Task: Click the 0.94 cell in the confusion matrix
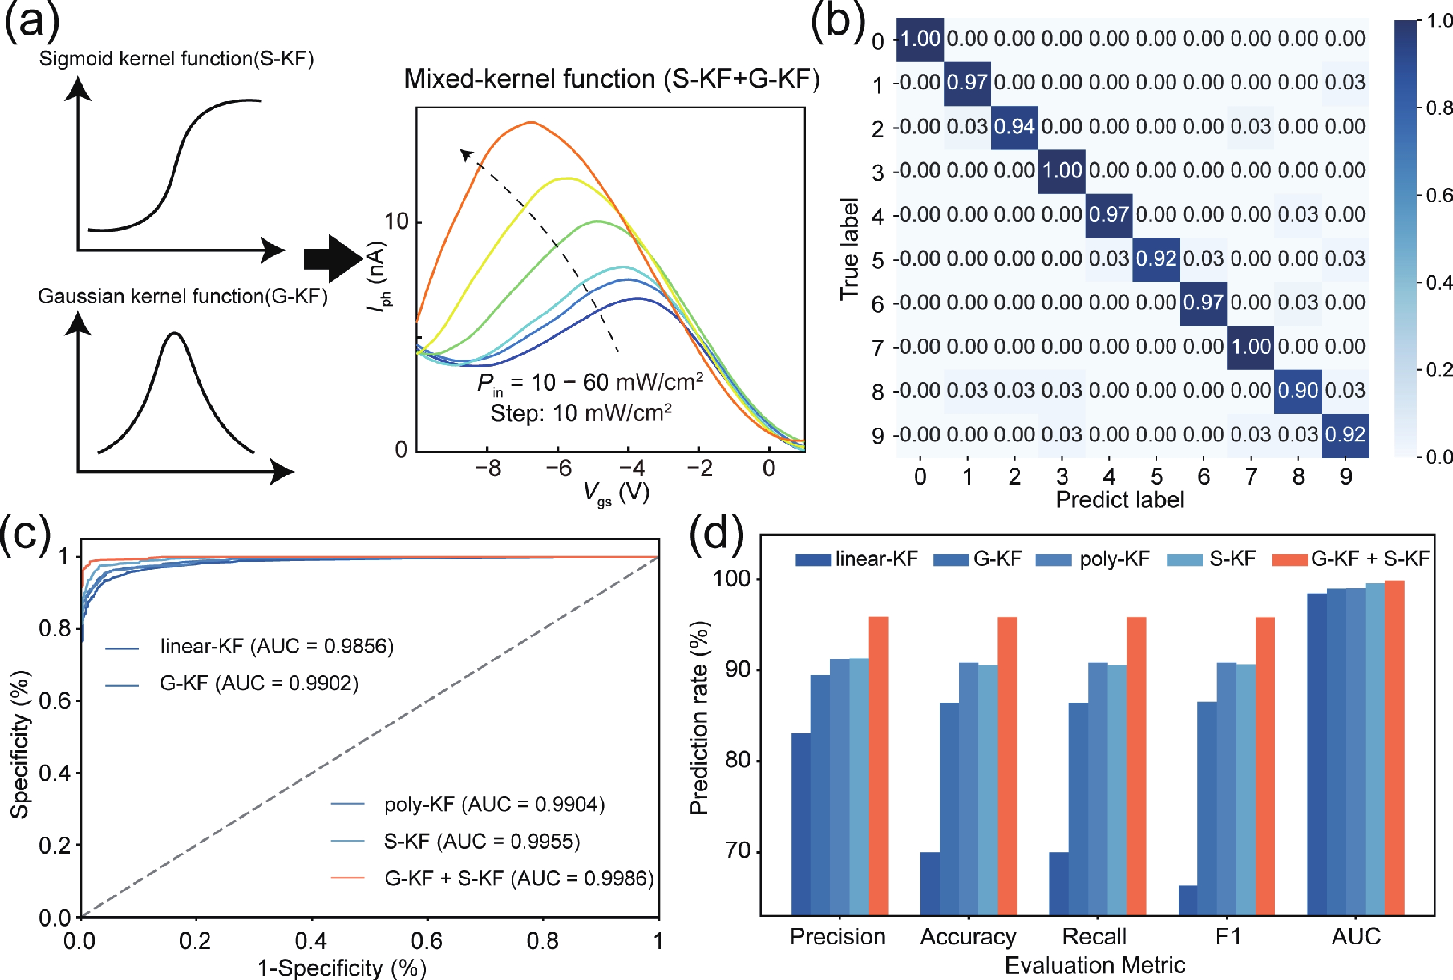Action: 1014,127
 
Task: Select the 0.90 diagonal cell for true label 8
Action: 1298,391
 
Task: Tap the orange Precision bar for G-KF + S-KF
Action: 878,766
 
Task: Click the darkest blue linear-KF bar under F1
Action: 1187,900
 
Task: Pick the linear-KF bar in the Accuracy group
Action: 929,884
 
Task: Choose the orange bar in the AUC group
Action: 1394,748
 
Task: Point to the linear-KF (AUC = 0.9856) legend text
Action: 277,646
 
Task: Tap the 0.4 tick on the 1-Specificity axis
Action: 311,941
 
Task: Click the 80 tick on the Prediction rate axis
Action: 736,760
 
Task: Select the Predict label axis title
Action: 1120,499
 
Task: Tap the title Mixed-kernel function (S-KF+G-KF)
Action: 611,79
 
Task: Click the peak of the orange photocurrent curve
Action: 531,123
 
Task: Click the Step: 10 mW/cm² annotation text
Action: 581,413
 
